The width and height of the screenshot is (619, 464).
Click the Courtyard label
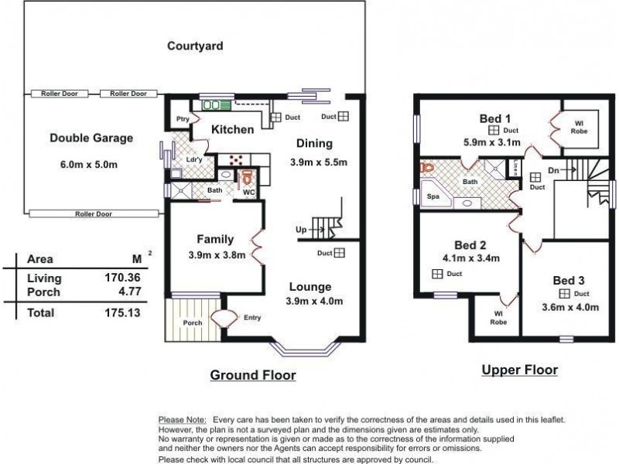[x=195, y=46]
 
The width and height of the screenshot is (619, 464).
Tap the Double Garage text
[x=91, y=138]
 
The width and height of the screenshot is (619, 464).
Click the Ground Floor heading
[x=253, y=376]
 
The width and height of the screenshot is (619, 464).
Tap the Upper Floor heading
[x=519, y=370]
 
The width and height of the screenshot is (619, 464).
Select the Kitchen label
[x=232, y=130]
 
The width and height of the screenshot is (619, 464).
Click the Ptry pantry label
[x=183, y=119]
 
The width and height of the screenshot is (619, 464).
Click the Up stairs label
[x=299, y=230]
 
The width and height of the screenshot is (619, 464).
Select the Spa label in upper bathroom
[x=433, y=197]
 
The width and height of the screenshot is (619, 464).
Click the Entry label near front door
[x=252, y=317]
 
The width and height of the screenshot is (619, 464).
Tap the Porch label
[x=191, y=323]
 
